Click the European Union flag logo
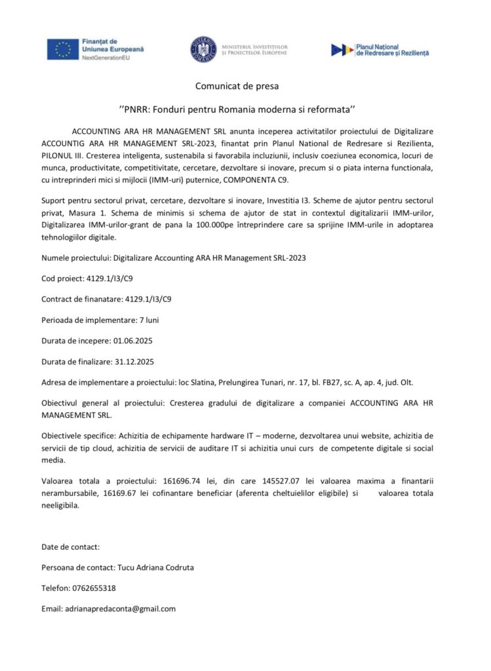click(x=63, y=49)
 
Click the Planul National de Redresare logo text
click(x=392, y=50)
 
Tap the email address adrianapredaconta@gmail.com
click(x=120, y=608)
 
